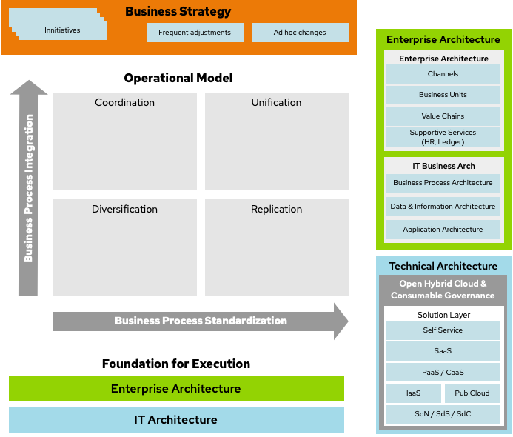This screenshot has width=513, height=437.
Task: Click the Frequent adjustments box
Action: pos(195,33)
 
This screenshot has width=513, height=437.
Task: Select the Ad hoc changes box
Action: pos(300,33)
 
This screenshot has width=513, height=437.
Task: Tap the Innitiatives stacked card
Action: pos(63,30)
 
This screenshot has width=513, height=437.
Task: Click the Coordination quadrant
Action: pos(125,141)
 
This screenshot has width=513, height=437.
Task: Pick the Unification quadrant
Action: pos(276,141)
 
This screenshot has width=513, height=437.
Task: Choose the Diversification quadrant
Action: pos(125,247)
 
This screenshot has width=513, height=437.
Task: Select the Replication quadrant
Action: pos(276,247)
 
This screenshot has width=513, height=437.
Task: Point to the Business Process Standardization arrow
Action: pos(201,321)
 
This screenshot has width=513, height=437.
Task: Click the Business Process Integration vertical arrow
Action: pos(29,188)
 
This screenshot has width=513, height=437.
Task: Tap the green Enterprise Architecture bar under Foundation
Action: pos(176,389)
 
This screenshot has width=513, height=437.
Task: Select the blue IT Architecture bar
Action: pos(176,420)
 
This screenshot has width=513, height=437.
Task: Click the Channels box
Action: pos(443,74)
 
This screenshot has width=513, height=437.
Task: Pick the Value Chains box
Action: pos(443,116)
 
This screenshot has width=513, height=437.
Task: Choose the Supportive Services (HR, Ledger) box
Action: pos(443,137)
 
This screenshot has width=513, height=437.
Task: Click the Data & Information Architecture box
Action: pos(443,207)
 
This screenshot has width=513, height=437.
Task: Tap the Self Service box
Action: pos(443,330)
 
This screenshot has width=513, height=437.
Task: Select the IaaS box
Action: pos(413,393)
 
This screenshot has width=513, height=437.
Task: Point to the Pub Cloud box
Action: pos(472,393)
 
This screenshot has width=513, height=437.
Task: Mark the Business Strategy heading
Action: pos(178,12)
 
